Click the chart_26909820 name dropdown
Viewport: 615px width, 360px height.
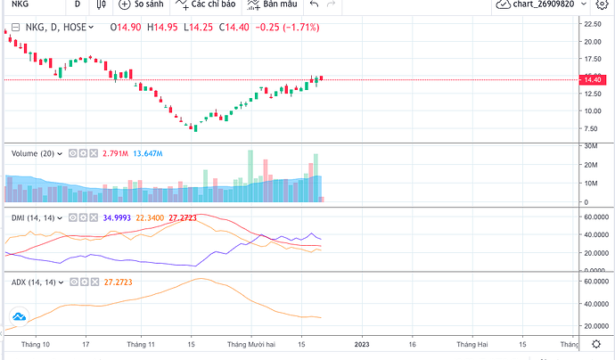pos(553,5)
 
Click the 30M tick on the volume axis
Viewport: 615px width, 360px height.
pos(589,145)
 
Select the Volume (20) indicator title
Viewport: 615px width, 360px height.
pos(37,153)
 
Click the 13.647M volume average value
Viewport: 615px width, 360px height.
pos(148,153)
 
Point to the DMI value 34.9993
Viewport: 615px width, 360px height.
pos(119,217)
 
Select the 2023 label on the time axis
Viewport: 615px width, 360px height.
pos(363,341)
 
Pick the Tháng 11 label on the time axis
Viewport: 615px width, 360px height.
pos(141,341)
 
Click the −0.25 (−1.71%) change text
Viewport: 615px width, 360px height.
pos(287,28)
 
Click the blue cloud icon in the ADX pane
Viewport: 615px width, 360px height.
pos(18,316)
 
